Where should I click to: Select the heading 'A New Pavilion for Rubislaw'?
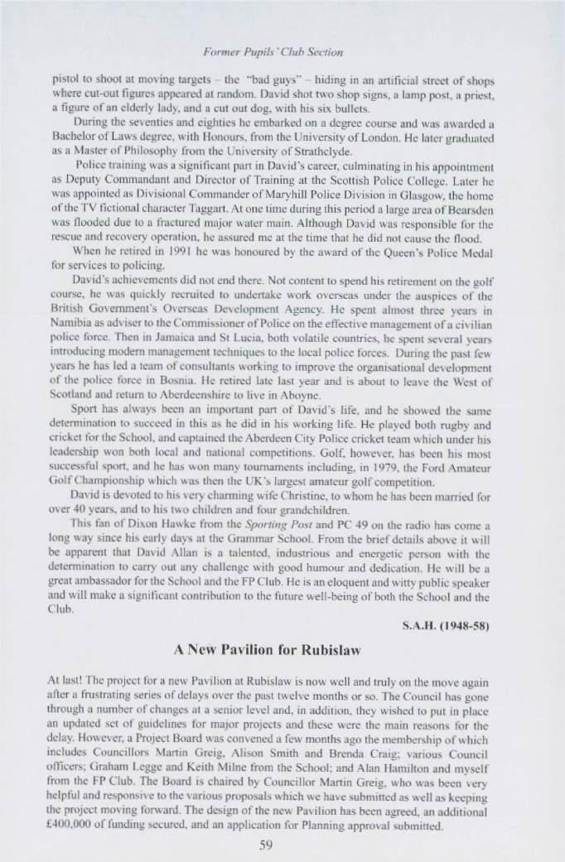(x=282, y=643)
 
